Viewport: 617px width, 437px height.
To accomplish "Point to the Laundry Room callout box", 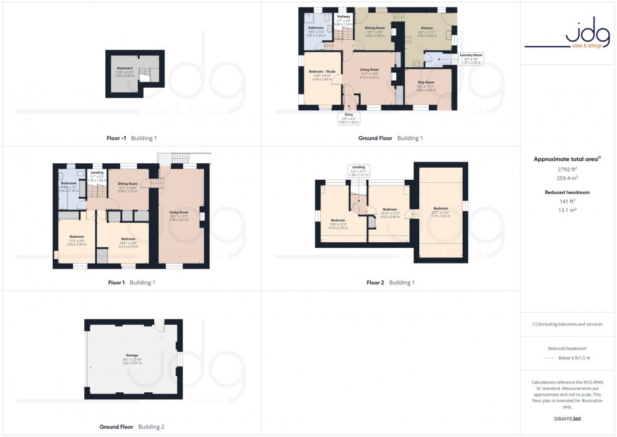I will tap(471, 59).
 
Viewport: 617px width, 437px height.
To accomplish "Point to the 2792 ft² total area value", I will tap(568, 170).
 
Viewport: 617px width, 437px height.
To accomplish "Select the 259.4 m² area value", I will tap(568, 178).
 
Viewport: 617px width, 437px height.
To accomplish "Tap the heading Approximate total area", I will tap(568, 160).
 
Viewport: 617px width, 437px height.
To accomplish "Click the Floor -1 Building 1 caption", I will tap(132, 138).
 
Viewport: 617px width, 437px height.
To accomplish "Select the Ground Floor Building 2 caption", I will tap(132, 427).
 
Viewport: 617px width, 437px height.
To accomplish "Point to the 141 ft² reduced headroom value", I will tap(568, 201).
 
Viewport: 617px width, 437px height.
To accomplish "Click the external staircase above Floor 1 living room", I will tap(180, 158).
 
